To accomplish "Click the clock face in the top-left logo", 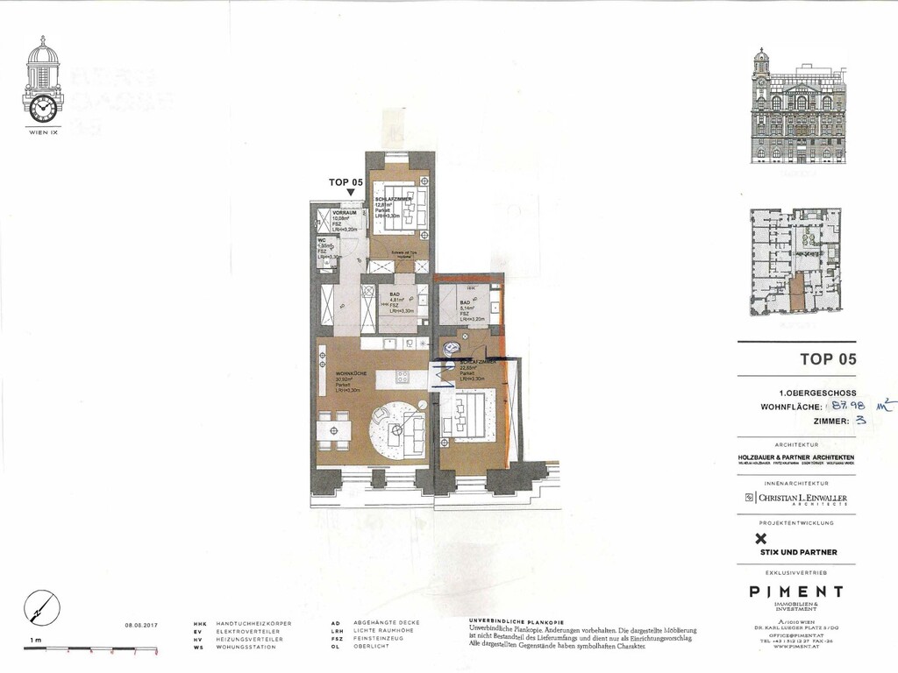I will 41,108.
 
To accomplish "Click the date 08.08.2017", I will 142,625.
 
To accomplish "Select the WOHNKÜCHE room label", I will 350,374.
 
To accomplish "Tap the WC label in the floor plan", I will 321,240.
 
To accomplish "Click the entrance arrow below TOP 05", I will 351,193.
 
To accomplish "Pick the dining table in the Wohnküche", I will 333,430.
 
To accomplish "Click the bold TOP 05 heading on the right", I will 828,358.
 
